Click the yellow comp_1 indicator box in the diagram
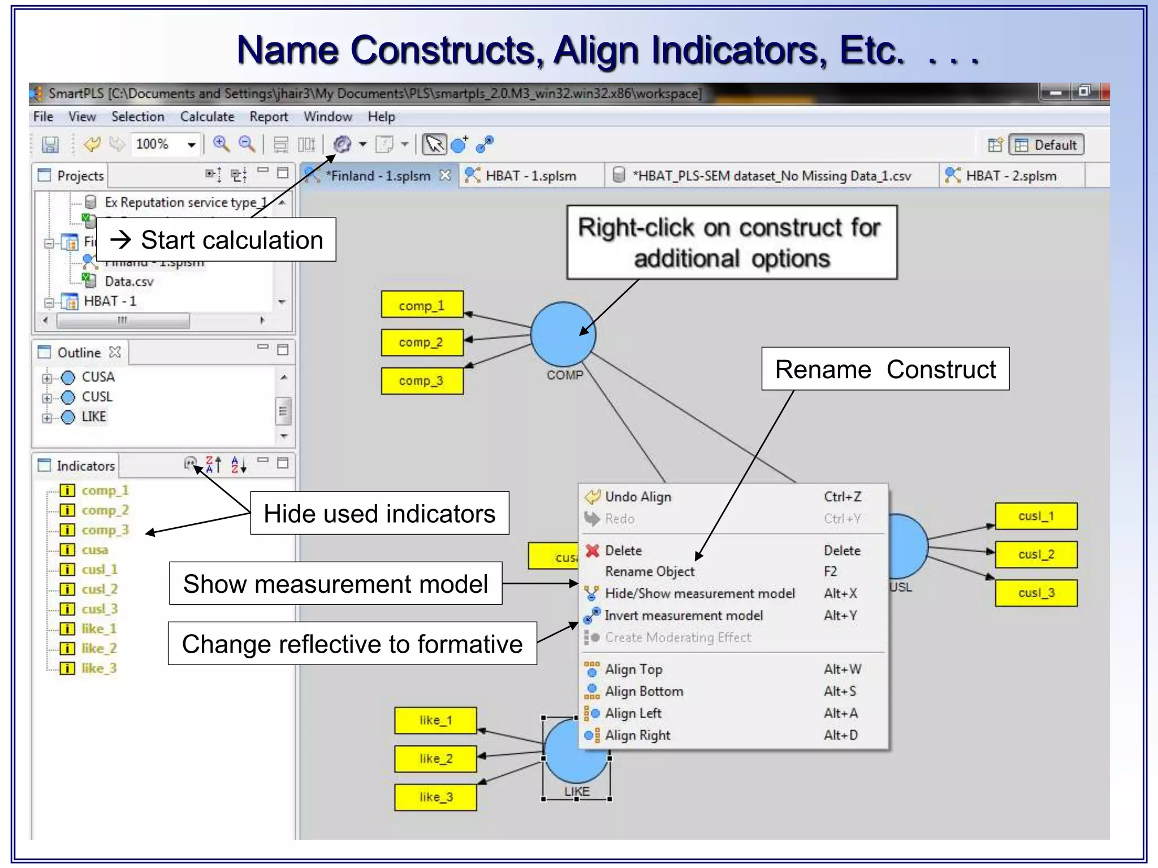coord(422,305)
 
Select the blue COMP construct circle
coord(563,334)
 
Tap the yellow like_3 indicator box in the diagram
coord(435,797)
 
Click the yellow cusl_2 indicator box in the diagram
coord(1036,554)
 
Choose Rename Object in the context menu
coord(650,571)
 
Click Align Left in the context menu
coord(633,713)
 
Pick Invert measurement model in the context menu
coord(684,615)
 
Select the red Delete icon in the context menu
coord(592,550)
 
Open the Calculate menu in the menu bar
coord(207,116)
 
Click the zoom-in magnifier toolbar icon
coord(221,144)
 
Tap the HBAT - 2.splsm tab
coord(1010,176)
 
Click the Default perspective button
coord(1047,145)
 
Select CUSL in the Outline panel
coord(97,397)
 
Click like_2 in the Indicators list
coord(99,648)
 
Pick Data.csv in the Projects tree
coord(129,281)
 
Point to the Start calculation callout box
coord(217,240)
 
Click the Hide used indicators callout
coord(379,513)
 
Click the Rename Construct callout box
coord(885,369)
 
